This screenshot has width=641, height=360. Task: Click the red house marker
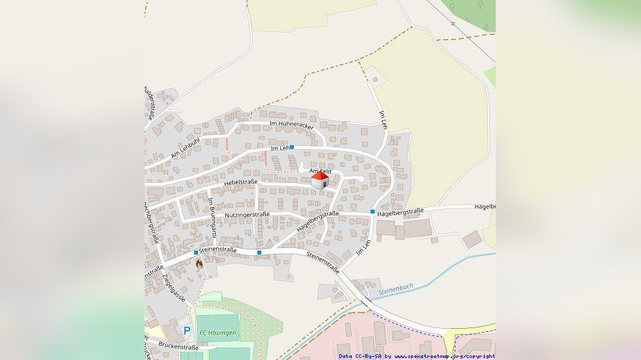(x=319, y=180)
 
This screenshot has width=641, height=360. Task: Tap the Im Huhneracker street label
(x=291, y=124)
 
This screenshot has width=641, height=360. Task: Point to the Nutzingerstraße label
(x=247, y=214)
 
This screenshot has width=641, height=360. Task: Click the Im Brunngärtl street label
(x=212, y=221)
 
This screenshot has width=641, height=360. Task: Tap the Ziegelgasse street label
(x=173, y=288)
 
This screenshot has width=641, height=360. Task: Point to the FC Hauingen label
(x=218, y=333)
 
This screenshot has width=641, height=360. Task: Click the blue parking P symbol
(x=187, y=331)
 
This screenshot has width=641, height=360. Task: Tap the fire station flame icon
(x=199, y=263)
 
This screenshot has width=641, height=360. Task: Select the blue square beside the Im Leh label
(x=292, y=147)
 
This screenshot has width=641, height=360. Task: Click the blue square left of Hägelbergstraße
(x=373, y=212)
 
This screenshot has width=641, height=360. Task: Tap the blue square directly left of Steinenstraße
(x=195, y=252)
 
